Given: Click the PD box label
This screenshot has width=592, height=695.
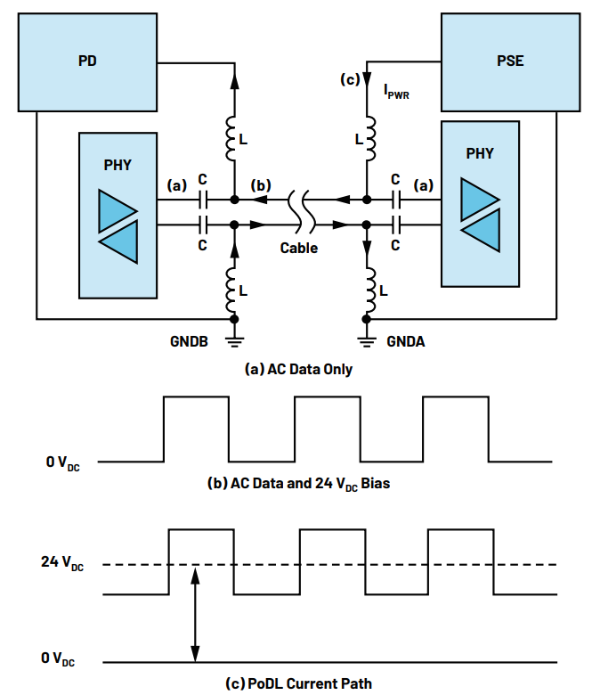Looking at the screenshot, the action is [87, 61].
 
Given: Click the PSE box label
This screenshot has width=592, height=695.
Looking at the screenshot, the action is [510, 61].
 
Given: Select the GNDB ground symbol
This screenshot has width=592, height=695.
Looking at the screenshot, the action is [234, 342].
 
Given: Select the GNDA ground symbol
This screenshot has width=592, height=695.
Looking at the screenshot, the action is [367, 342].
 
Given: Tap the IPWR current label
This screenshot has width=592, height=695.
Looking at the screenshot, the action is [396, 92].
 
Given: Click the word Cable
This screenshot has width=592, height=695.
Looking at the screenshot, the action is [299, 248].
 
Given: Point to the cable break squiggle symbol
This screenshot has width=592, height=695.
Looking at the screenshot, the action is [302, 212].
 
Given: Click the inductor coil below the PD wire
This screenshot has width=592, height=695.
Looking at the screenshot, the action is [231, 138].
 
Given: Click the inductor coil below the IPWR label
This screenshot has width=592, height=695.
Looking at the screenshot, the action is [370, 138].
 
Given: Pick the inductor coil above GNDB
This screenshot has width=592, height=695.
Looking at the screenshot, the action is [231, 290].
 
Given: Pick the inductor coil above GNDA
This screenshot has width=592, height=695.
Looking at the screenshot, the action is [370, 290].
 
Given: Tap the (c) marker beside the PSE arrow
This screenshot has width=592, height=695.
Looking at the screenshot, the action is [350, 79].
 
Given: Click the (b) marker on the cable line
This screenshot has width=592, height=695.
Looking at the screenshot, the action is [260, 185].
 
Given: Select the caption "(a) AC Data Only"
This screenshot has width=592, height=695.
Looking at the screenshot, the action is [298, 369].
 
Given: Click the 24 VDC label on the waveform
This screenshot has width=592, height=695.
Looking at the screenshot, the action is [62, 562].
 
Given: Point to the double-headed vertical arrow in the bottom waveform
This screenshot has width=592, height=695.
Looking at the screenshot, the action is [195, 614].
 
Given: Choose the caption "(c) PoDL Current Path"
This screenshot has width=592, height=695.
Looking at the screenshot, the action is [298, 683].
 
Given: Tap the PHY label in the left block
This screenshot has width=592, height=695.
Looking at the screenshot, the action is [118, 165].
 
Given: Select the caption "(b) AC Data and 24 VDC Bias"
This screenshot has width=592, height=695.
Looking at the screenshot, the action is [298, 483].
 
